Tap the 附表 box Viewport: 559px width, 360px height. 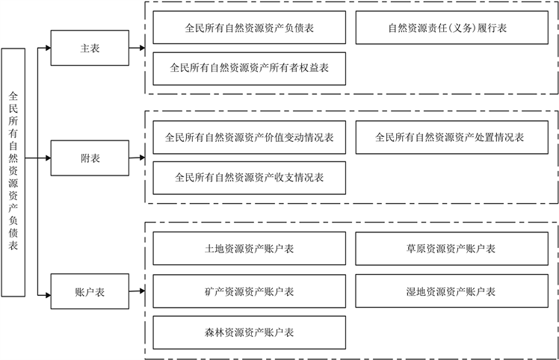[x=90, y=158]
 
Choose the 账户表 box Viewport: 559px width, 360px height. [x=90, y=291]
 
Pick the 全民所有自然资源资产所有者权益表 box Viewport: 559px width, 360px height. [x=250, y=68]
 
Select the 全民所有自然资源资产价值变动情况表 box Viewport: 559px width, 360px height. [x=250, y=138]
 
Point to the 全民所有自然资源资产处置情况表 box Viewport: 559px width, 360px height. [x=449, y=138]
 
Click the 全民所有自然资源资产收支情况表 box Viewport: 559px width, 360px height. [x=250, y=178]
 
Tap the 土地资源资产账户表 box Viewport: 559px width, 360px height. [x=250, y=249]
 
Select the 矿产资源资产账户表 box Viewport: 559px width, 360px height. [x=250, y=291]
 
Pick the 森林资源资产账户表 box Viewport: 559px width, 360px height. [x=250, y=332]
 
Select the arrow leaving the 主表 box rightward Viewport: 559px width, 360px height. [x=138, y=49]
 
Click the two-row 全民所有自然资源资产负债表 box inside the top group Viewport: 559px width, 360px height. [x=250, y=29]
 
